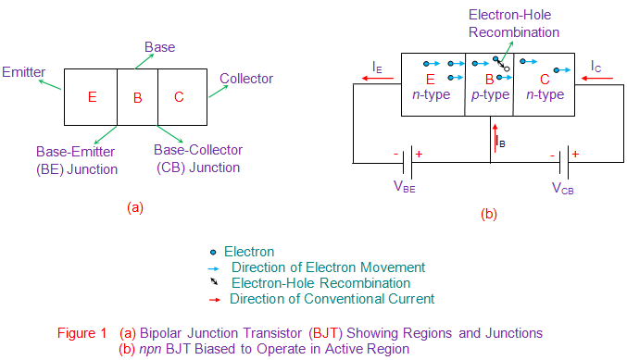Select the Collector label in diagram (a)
pyautogui.click(x=246, y=79)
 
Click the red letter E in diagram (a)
pyautogui.click(x=90, y=96)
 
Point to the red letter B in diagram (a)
pyautogui.click(x=137, y=96)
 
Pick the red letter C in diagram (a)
pyautogui.click(x=179, y=96)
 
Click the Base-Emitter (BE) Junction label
pyautogui.click(x=77, y=160)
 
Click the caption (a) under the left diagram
pyautogui.click(x=135, y=208)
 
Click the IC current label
pyautogui.click(x=597, y=67)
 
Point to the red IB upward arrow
pyautogui.click(x=495, y=139)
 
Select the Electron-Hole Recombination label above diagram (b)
pyautogui.click(x=513, y=23)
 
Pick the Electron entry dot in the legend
pyautogui.click(x=214, y=252)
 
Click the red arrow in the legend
pyautogui.click(x=214, y=299)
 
